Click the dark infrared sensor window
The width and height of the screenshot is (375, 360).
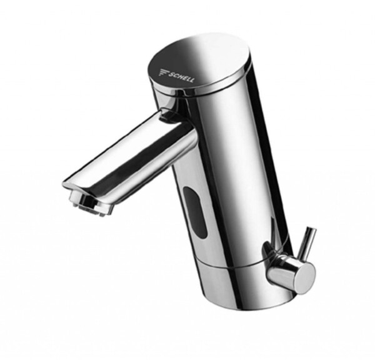(x=196, y=212)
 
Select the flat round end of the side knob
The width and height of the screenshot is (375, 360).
(x=305, y=277)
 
